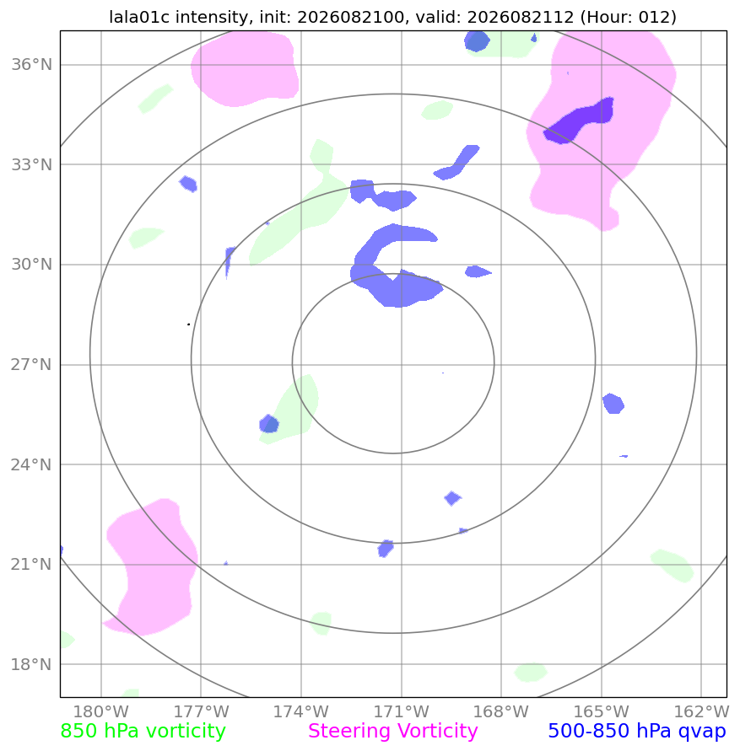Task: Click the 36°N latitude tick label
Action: pyautogui.click(x=31, y=64)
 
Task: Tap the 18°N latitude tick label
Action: pyautogui.click(x=31, y=664)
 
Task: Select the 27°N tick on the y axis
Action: pyautogui.click(x=31, y=364)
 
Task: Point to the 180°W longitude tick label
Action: pyautogui.click(x=100, y=711)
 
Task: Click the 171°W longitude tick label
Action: pyautogui.click(x=401, y=711)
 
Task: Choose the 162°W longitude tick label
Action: pyautogui.click(x=701, y=711)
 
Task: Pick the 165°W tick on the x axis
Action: pyautogui.click(x=602, y=711)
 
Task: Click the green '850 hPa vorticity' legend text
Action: pyautogui.click(x=143, y=732)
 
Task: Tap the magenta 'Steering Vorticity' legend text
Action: pyautogui.click(x=392, y=732)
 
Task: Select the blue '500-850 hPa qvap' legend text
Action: pyautogui.click(x=637, y=732)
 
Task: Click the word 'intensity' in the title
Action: pyautogui.click(x=212, y=17)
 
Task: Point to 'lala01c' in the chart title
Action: pyautogui.click(x=139, y=17)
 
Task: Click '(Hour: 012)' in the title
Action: pyautogui.click(x=629, y=17)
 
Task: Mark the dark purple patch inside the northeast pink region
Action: pyautogui.click(x=580, y=121)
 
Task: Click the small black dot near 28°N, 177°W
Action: pyautogui.click(x=188, y=325)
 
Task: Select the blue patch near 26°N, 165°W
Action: pyautogui.click(x=613, y=403)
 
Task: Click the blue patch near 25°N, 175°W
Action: pyautogui.click(x=269, y=424)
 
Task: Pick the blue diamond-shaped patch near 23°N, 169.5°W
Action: pyautogui.click(x=452, y=498)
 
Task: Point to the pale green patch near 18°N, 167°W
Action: pyautogui.click(x=531, y=673)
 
